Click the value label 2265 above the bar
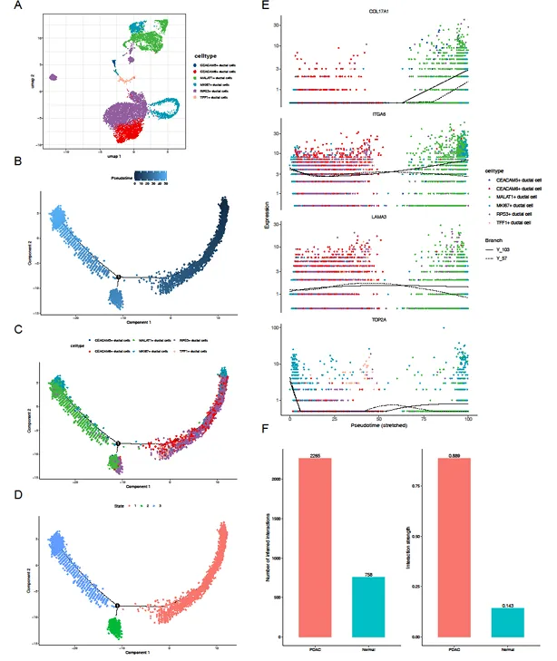329,453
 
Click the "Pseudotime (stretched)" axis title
380,423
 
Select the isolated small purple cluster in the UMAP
54,78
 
